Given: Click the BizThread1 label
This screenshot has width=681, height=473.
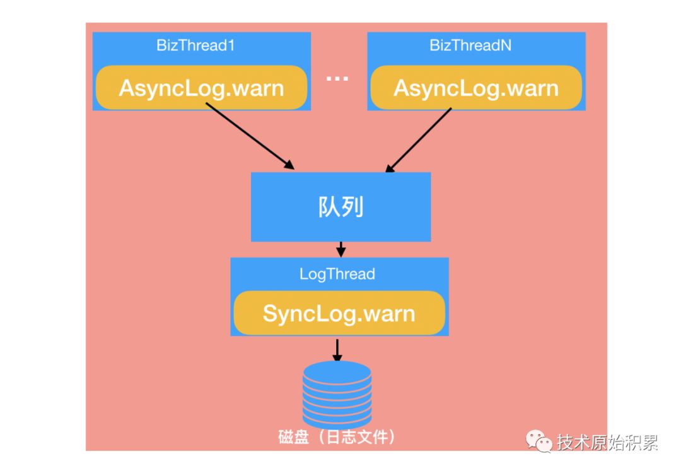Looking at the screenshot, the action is [x=195, y=45].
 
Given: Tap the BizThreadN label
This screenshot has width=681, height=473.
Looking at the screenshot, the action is [x=470, y=45].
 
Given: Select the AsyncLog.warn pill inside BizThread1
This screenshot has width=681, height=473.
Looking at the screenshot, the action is [x=202, y=87].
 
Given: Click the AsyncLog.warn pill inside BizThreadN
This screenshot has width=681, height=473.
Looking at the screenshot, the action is [x=476, y=87].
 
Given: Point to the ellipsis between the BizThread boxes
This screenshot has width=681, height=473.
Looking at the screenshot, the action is [x=337, y=79].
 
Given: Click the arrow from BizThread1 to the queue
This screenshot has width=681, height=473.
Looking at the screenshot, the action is [x=250, y=136].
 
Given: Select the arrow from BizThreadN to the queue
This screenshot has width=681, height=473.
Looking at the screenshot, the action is [x=418, y=140].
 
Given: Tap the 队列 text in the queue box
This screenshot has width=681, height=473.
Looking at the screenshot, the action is [x=341, y=207].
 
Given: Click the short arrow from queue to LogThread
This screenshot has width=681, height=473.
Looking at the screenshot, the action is [x=341, y=249].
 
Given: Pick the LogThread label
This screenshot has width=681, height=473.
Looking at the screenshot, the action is [x=337, y=274].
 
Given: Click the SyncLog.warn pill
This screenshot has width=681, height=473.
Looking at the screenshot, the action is [x=339, y=313].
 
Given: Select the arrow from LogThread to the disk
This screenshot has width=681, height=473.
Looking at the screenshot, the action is [x=337, y=350].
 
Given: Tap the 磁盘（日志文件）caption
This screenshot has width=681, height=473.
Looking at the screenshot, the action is [x=337, y=437].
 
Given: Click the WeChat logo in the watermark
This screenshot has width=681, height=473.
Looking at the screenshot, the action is [x=539, y=441].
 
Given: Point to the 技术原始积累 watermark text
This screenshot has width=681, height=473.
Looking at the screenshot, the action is [x=607, y=443].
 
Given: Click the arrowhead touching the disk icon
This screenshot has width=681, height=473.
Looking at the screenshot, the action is [x=337, y=357].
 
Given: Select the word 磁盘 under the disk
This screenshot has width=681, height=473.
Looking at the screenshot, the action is [x=293, y=437].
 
